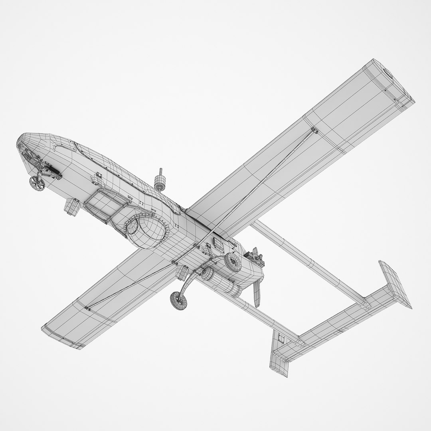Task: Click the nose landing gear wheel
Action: [x=37, y=183]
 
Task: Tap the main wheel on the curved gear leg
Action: [x=178, y=301]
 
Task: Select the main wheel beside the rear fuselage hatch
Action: [x=233, y=261]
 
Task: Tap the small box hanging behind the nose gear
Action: [x=72, y=206]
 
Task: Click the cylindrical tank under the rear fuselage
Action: [x=222, y=283]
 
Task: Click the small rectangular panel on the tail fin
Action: [x=281, y=339]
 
